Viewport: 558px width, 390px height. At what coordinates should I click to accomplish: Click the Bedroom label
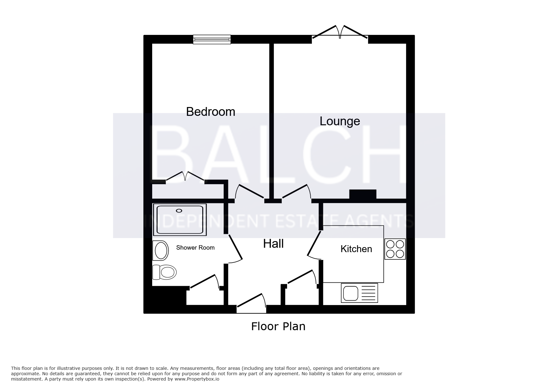pyautogui.click(x=210, y=112)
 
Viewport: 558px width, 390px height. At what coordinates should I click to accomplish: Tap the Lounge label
pyautogui.click(x=340, y=122)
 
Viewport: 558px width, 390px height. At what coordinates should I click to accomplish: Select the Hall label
pyautogui.click(x=273, y=244)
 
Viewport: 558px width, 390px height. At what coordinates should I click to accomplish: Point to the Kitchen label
pyautogui.click(x=356, y=249)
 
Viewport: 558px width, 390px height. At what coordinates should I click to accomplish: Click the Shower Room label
pyautogui.click(x=195, y=248)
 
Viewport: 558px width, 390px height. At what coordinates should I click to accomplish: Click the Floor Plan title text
pyautogui.click(x=278, y=326)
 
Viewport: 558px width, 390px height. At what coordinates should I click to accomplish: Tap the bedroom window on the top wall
pyautogui.click(x=212, y=39)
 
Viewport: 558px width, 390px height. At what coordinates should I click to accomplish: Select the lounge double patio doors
pyautogui.click(x=340, y=32)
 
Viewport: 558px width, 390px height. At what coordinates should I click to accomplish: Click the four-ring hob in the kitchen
pyautogui.click(x=395, y=249)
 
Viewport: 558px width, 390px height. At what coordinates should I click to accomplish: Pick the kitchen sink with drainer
pyautogui.click(x=359, y=293)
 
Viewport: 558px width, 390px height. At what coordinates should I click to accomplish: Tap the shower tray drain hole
pyautogui.click(x=179, y=211)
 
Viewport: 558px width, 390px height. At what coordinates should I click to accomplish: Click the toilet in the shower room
pyautogui.click(x=164, y=272)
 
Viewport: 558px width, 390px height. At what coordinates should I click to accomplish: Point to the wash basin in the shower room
pyautogui.click(x=160, y=251)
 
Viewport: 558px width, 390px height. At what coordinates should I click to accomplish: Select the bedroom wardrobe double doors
pyautogui.click(x=185, y=177)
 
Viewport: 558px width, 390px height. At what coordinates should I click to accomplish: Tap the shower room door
pyautogui.click(x=235, y=248)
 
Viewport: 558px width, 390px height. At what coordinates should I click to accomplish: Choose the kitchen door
pyautogui.click(x=314, y=246)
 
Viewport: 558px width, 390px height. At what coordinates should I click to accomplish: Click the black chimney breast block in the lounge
pyautogui.click(x=363, y=194)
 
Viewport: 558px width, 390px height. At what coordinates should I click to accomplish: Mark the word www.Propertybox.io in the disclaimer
pyautogui.click(x=197, y=379)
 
